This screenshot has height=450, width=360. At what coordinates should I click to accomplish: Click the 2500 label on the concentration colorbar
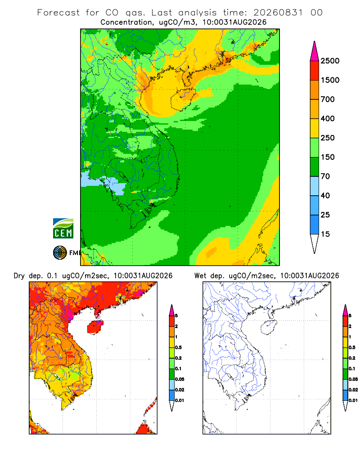point(330,61)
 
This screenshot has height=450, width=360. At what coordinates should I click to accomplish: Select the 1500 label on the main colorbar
point(330,80)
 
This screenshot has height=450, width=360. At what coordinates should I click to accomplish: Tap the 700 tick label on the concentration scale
point(328,99)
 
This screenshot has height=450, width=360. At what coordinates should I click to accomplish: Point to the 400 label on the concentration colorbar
point(328,118)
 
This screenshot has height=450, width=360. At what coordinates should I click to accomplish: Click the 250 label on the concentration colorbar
point(328,138)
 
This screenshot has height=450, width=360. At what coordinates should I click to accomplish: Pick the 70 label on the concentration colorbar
point(325,176)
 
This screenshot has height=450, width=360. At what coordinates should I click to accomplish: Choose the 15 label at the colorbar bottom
point(325,234)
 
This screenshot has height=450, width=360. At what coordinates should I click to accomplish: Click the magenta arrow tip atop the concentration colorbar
point(315,42)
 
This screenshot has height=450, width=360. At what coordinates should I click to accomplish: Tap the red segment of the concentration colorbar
point(315,71)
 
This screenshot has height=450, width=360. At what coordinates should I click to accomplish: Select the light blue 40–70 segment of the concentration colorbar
point(315,186)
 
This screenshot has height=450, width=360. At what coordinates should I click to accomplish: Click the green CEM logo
point(63,229)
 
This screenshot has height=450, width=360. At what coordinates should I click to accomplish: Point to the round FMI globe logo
point(60,252)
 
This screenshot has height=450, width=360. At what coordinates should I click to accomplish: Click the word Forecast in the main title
point(58,13)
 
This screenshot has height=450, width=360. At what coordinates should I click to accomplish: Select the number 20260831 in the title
point(278,13)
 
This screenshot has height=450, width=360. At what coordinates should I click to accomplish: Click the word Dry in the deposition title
point(19,276)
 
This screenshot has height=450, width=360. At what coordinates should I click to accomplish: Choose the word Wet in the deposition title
point(200,276)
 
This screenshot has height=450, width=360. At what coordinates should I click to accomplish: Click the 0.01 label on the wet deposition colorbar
point(353,400)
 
